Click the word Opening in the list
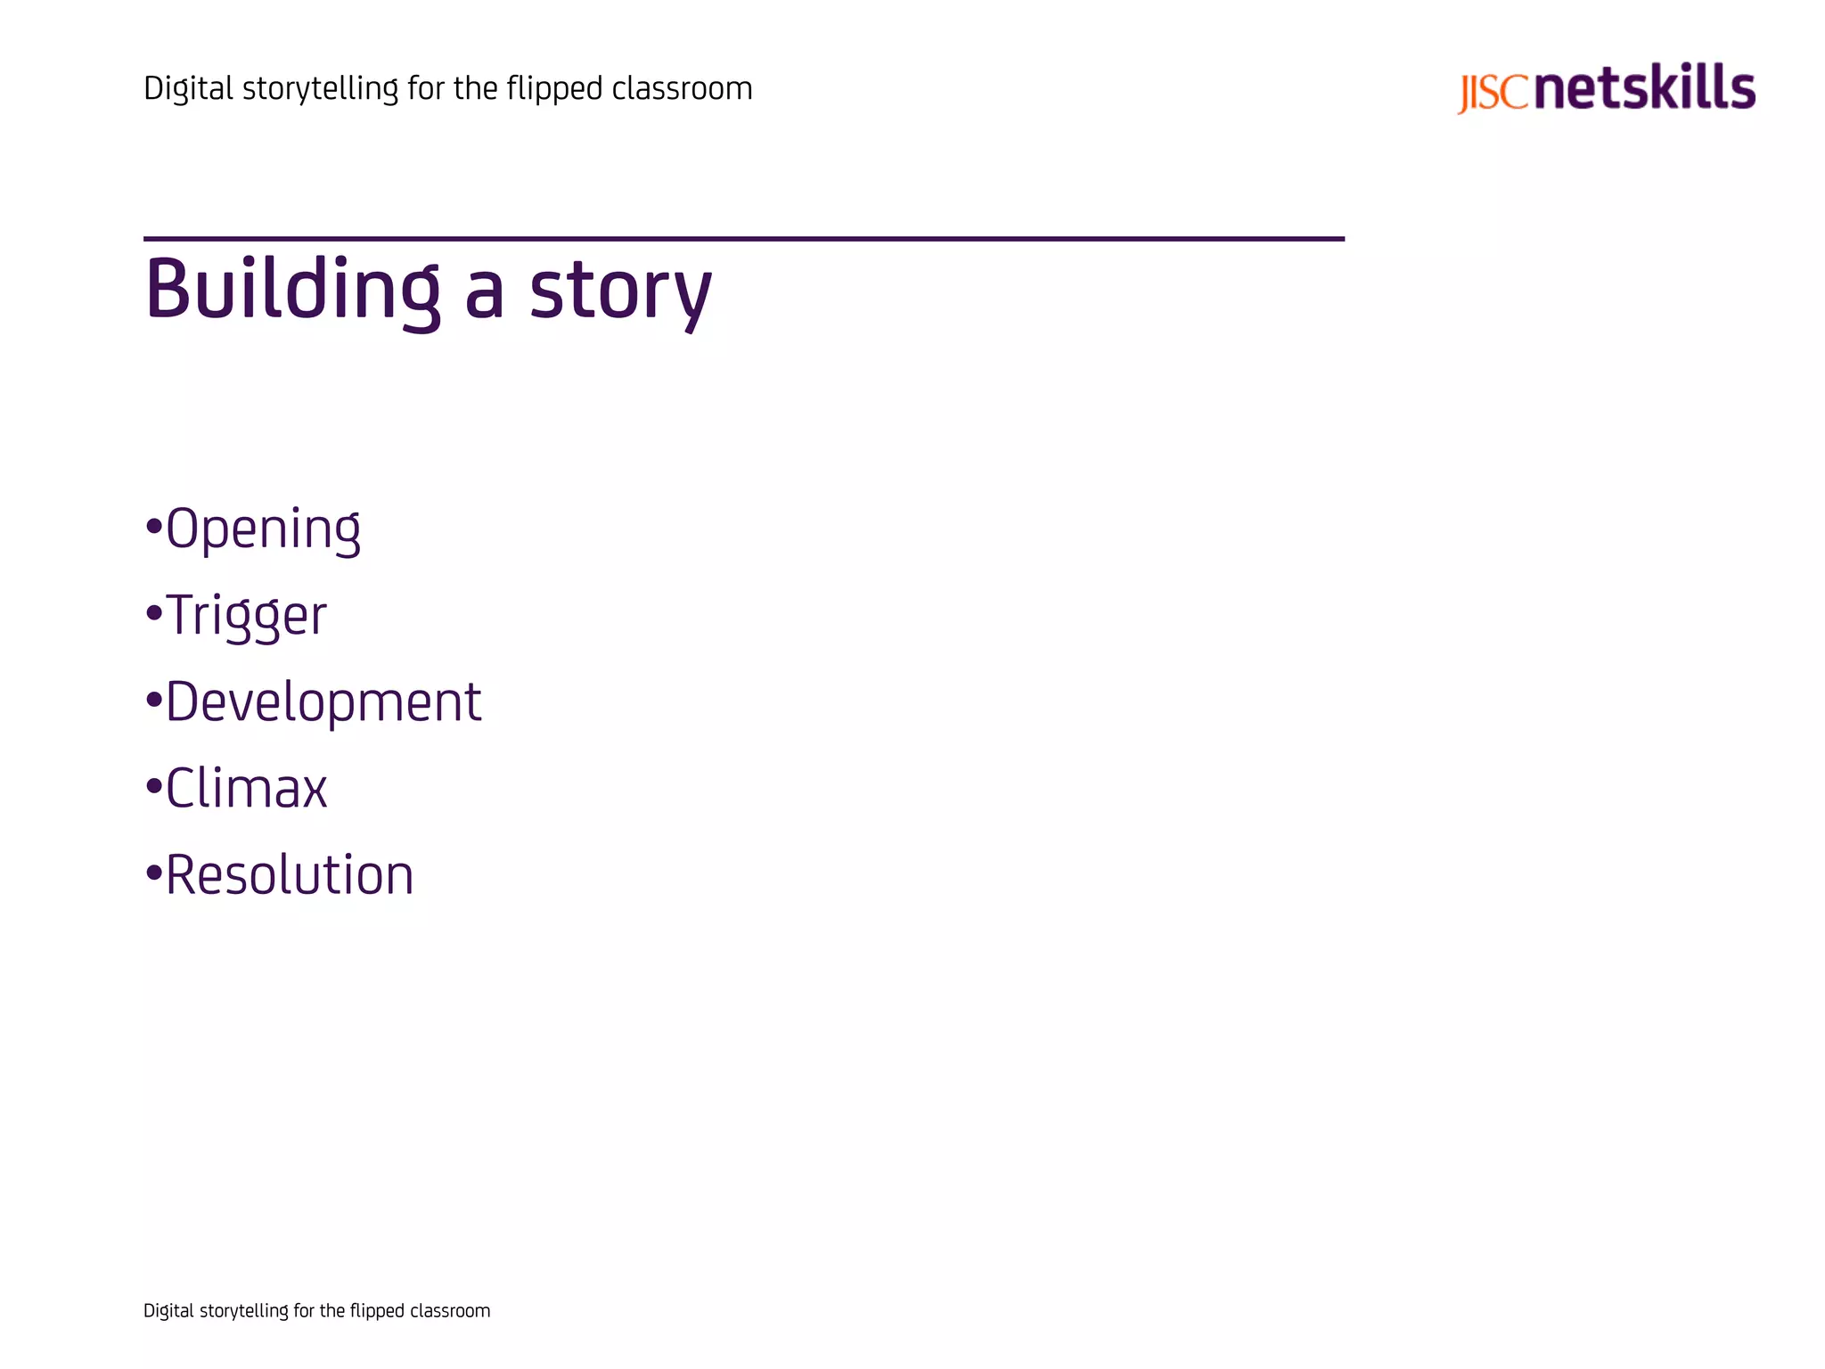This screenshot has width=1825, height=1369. point(263,529)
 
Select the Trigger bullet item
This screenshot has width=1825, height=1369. point(247,615)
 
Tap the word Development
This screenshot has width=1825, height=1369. point(323,701)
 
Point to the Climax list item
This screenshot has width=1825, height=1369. point(247,788)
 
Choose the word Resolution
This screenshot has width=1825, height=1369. point(290,874)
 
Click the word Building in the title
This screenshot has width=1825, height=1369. point(292,290)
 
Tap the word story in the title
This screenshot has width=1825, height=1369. point(620,291)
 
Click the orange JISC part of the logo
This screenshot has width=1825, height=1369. point(1493,93)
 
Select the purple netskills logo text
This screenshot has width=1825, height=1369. point(1645,87)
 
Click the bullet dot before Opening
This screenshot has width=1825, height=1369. point(153,527)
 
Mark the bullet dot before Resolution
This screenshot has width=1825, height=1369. point(153,873)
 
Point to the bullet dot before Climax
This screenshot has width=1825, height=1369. point(153,786)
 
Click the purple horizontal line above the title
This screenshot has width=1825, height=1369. point(743,239)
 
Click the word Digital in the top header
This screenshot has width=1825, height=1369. point(188,89)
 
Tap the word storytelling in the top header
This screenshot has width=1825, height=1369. point(320,89)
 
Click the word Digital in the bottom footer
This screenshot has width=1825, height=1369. point(168,1311)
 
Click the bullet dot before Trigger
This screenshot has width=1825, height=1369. point(153,613)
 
